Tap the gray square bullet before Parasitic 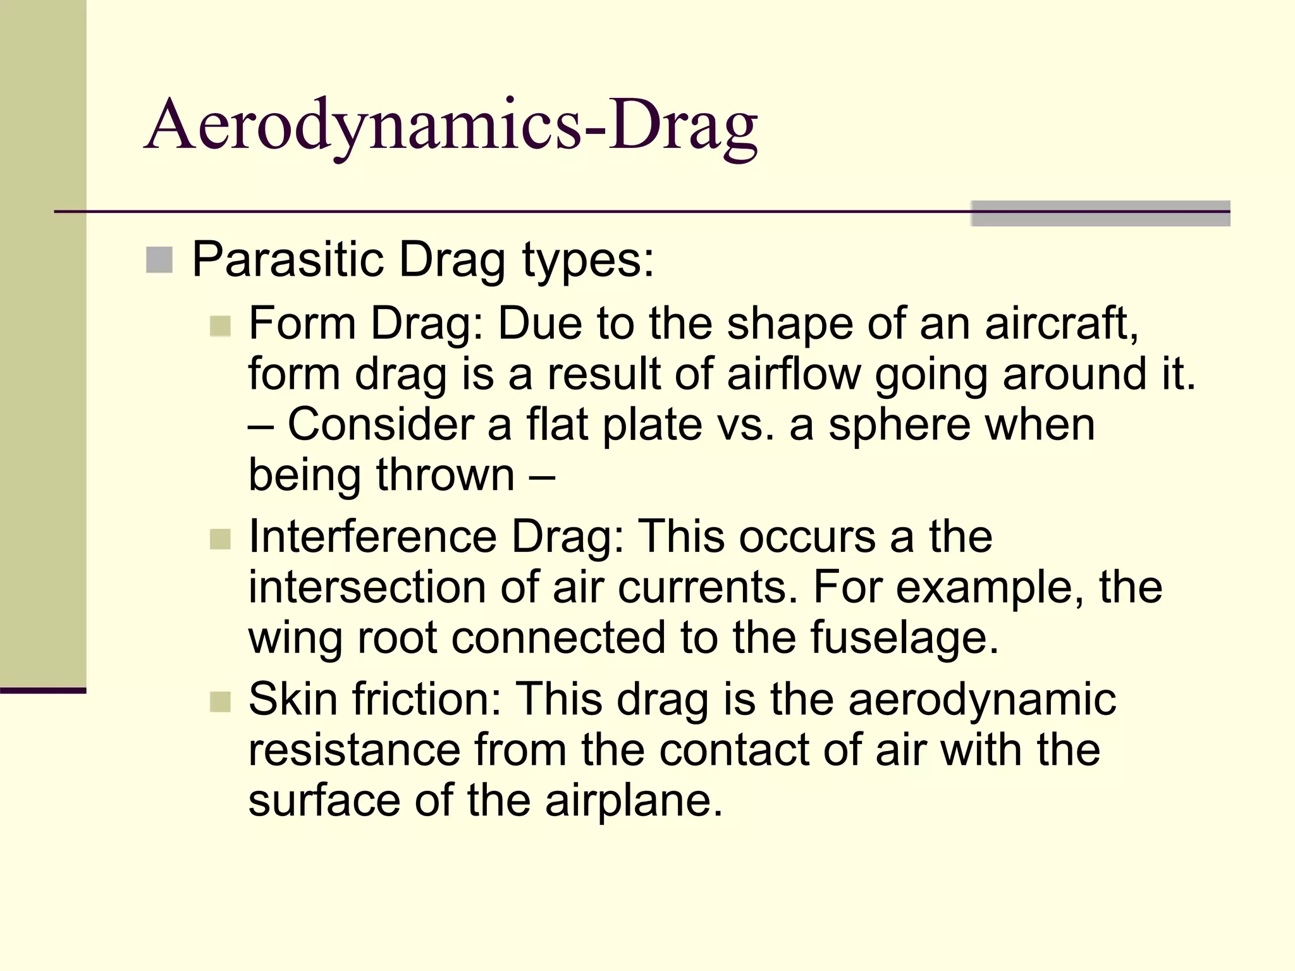pos(159,260)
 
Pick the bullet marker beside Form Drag pos(220,326)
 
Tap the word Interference pos(373,537)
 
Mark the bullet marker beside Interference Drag pos(220,539)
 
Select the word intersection pos(367,587)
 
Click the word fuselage pos(904,638)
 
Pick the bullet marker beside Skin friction pos(220,702)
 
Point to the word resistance pos(354,750)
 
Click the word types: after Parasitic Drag pos(587,260)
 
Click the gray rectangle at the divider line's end pos(1100,214)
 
